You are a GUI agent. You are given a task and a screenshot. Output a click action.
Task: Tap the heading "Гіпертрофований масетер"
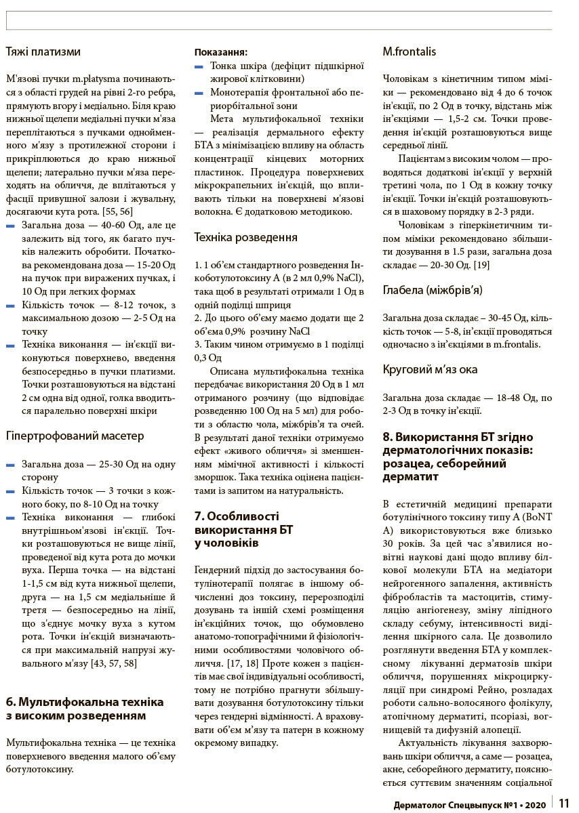pos(75,436)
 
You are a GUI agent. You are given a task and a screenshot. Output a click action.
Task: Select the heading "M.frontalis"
pos(409,51)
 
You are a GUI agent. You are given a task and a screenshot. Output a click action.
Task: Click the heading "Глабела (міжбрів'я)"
pos(433,290)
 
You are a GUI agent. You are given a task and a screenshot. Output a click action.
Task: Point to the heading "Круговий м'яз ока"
pos(430,369)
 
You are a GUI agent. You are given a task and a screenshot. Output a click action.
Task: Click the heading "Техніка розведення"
pos(245,237)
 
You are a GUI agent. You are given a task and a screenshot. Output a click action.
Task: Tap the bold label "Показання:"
pos(220,52)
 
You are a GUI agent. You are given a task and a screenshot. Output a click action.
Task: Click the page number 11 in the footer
pos(564,803)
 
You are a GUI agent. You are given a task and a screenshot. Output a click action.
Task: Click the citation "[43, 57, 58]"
pos(113,663)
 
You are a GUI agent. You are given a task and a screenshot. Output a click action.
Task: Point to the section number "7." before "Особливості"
pos(199,516)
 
